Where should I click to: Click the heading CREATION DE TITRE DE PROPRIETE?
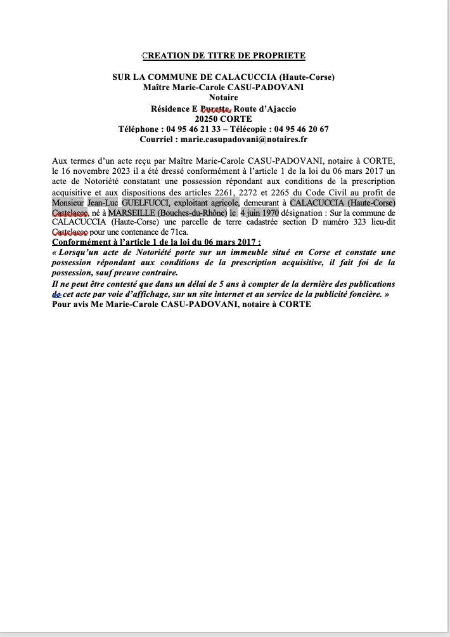tap(224, 55)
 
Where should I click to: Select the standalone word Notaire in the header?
tap(223, 98)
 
